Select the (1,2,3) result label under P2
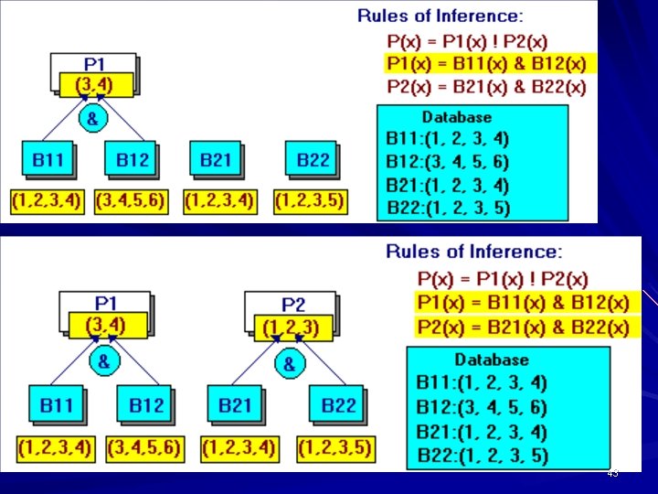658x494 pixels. (290, 326)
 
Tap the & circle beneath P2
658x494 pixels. (289, 364)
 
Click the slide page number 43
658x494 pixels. (612, 473)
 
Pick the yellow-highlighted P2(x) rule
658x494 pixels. (523, 327)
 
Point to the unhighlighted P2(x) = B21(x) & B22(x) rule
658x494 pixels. (486, 87)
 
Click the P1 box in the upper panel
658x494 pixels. (94, 64)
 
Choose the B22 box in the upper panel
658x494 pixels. (313, 160)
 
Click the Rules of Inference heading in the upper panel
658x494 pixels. (440, 16)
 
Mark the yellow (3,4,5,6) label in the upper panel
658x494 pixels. (130, 200)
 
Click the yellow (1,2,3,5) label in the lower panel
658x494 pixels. (335, 448)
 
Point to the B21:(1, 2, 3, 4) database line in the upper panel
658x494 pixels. (448, 186)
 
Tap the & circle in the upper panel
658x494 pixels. (92, 119)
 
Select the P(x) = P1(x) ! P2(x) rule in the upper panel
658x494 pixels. (467, 41)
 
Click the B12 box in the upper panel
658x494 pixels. (132, 160)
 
